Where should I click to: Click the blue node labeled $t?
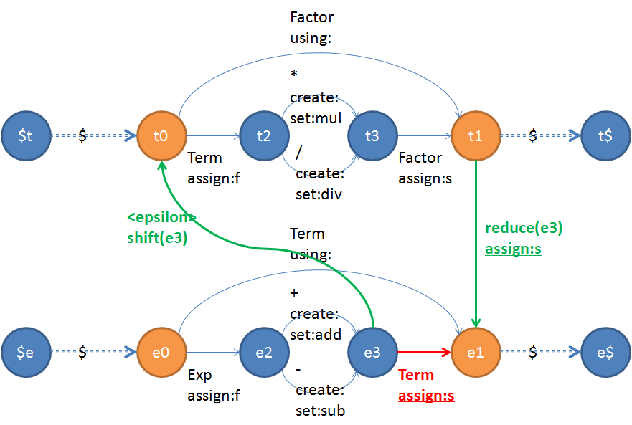[26, 135]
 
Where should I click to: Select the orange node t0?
[161, 135]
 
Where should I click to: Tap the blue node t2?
[263, 135]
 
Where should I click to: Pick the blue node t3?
[372, 135]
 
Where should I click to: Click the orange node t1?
[476, 135]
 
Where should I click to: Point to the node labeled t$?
[606, 135]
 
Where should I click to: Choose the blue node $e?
[26, 353]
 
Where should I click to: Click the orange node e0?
[161, 353]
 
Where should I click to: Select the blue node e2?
[263, 353]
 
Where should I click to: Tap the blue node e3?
[372, 353]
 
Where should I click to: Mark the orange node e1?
[476, 353]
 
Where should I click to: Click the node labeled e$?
[606, 353]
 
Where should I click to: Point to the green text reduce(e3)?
[524, 229]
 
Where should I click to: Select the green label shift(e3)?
[157, 238]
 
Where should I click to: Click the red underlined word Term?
[416, 375]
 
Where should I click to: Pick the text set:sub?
[320, 411]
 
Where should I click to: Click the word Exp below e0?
[199, 375]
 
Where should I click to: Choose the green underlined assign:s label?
[514, 249]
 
